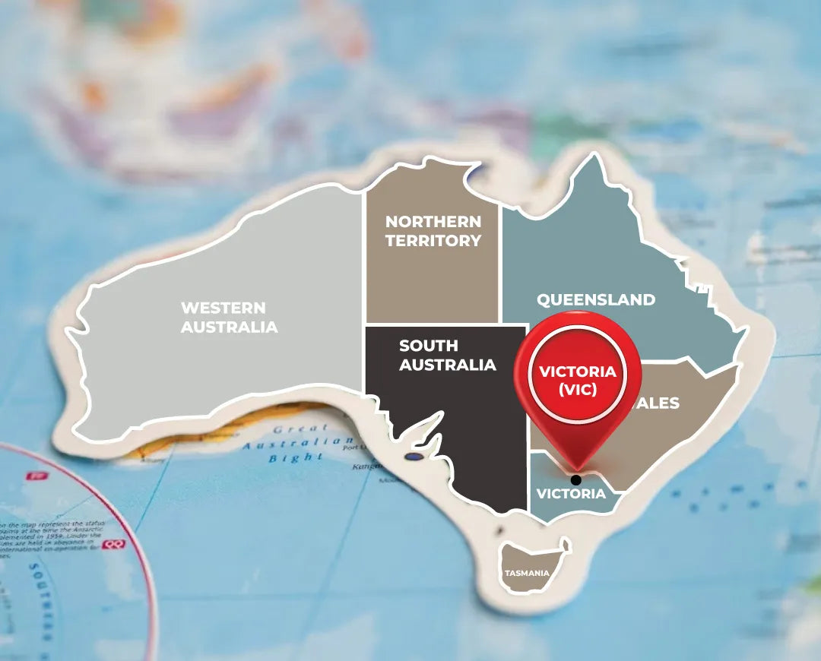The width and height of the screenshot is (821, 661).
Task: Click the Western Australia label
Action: click(x=229, y=318)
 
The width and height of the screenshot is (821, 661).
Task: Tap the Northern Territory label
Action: click(x=433, y=231)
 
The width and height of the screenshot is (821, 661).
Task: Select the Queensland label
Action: click(x=596, y=299)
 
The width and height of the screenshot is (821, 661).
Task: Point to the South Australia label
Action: click(x=447, y=355)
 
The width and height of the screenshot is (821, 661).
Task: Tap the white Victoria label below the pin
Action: click(x=571, y=494)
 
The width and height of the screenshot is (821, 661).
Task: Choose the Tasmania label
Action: click(x=525, y=573)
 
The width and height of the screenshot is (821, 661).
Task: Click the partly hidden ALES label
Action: click(x=658, y=403)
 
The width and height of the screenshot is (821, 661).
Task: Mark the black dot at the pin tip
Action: click(x=575, y=480)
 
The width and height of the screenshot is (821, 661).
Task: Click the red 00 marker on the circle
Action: click(x=113, y=545)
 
